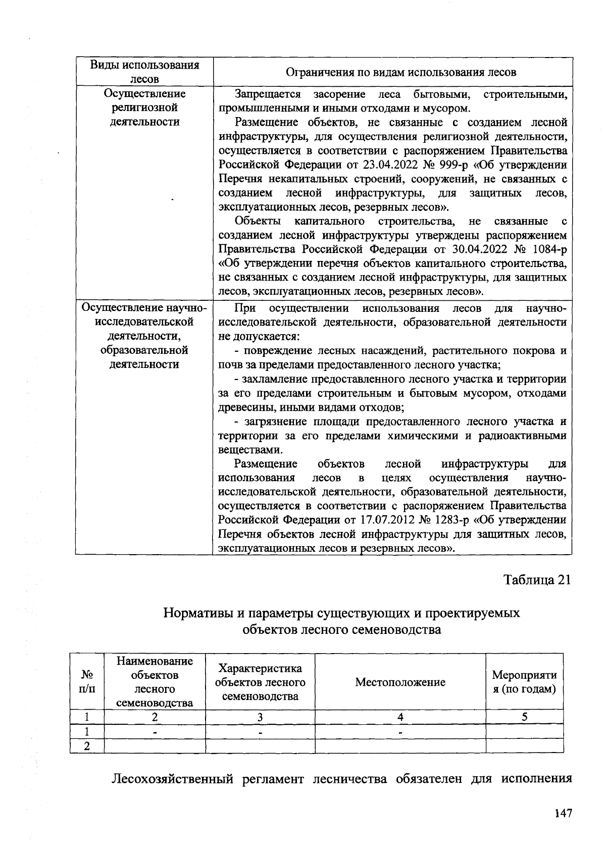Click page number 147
tap(563, 813)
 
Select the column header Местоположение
tap(400, 682)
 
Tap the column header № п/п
tap(87, 682)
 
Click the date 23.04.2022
tap(386, 165)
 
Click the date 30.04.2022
tap(477, 249)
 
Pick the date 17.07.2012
tap(386, 520)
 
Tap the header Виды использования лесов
tap(144, 72)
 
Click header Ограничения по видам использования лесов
tap(401, 72)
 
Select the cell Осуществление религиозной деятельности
tap(144, 108)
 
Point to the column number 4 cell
tap(400, 717)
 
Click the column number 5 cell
tap(524, 717)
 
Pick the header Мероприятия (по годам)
tap(524, 682)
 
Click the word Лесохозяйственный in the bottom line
tap(172, 779)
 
